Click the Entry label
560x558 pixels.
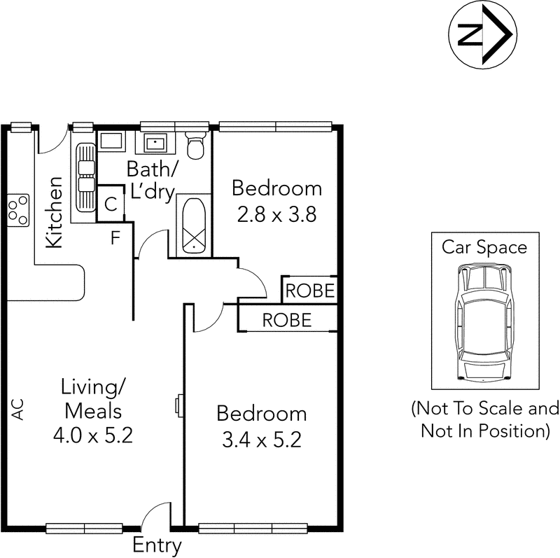(x=157, y=545)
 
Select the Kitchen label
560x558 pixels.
(x=54, y=211)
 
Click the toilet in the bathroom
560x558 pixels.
(x=196, y=145)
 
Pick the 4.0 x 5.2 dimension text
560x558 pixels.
(x=92, y=435)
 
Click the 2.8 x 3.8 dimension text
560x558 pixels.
(x=277, y=215)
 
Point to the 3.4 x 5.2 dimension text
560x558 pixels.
(x=262, y=440)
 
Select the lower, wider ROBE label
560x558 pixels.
(x=286, y=320)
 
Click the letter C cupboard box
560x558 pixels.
(x=110, y=204)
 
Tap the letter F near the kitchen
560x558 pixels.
(x=115, y=237)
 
